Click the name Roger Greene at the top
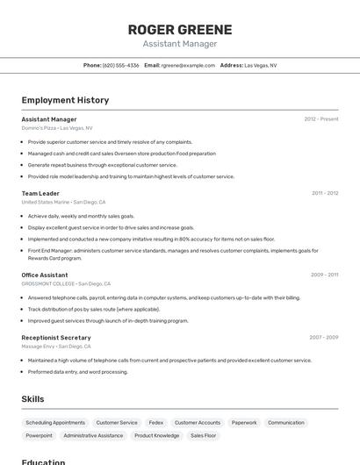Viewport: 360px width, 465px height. tap(180, 29)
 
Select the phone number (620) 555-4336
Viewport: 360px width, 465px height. tap(120, 65)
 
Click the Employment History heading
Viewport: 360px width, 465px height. tap(65, 100)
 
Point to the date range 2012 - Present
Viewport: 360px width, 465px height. tap(321, 119)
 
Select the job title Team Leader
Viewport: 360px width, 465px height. tap(40, 193)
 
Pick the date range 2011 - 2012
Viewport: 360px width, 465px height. tap(325, 193)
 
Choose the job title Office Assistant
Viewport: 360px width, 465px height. tap(45, 275)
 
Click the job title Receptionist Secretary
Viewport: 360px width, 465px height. tap(56, 337)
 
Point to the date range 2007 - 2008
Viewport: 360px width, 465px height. tap(323, 337)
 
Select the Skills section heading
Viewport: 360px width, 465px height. tap(32, 399)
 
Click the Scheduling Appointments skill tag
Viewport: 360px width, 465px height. tap(55, 422)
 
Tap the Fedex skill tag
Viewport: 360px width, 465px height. tap(156, 422)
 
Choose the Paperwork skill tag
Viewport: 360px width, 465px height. tap(244, 422)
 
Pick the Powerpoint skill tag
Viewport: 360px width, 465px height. tap(39, 435)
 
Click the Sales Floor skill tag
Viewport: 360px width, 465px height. tap(204, 435)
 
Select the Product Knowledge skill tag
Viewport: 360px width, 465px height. tap(157, 435)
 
